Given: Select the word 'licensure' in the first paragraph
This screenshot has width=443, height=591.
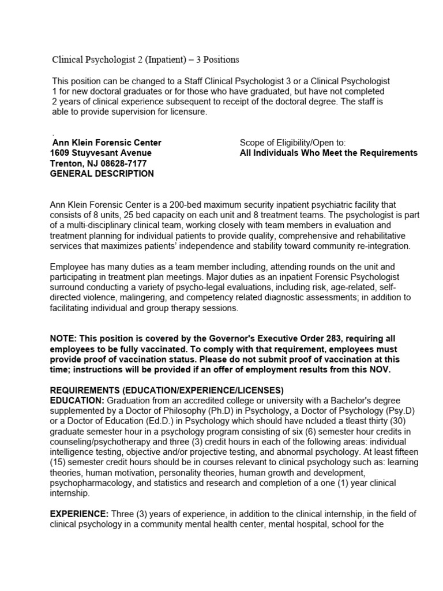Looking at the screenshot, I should pyautogui.click(x=187, y=112).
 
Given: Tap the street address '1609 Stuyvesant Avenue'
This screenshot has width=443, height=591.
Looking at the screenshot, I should pyautogui.click(x=101, y=153).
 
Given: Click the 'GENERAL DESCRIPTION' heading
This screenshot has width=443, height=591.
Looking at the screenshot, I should pyautogui.click(x=102, y=174).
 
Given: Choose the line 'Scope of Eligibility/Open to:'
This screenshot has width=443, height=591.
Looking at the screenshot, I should pyautogui.click(x=292, y=143).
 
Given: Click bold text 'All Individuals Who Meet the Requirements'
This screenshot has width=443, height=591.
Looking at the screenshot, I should pyautogui.click(x=328, y=153).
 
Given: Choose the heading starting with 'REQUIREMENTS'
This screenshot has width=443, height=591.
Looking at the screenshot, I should pyautogui.click(x=167, y=390).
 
